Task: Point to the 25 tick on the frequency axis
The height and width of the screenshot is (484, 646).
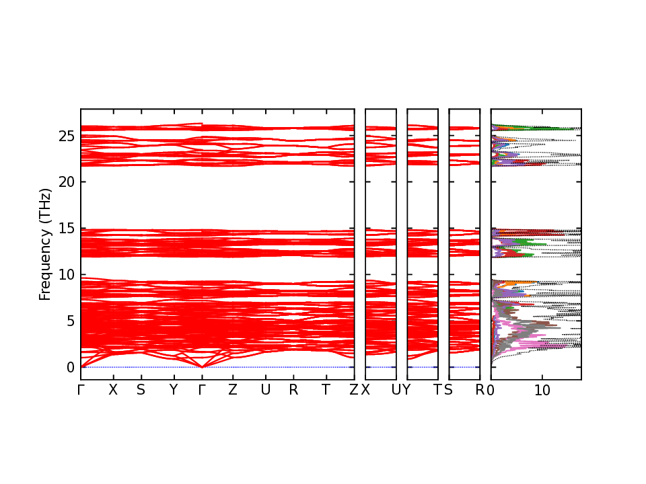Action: (x=66, y=136)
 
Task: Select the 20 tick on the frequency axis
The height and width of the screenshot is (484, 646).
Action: (x=66, y=182)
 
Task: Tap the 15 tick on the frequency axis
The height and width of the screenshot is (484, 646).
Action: (x=66, y=229)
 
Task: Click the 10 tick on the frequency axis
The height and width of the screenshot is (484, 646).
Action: (x=66, y=275)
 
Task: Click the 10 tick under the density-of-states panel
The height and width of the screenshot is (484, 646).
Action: (x=542, y=390)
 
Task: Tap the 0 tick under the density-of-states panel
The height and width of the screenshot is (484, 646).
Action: (x=491, y=390)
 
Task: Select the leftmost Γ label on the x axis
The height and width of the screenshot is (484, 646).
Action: (x=81, y=390)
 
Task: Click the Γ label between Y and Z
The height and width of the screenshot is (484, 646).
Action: (x=202, y=390)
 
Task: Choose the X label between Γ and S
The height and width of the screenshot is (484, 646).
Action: (x=113, y=390)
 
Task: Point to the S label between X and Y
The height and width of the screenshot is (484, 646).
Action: (x=140, y=390)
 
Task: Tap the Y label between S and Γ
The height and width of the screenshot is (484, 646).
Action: (x=173, y=390)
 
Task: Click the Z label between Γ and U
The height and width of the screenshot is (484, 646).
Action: (x=233, y=390)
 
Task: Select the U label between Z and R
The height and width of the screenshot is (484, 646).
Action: (x=266, y=390)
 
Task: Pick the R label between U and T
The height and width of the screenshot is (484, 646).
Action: (x=293, y=390)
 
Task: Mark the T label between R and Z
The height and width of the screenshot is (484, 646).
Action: (x=326, y=390)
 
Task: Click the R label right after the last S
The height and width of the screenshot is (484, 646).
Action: (x=480, y=390)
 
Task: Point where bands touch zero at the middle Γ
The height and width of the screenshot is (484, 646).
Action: (x=202, y=367)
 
